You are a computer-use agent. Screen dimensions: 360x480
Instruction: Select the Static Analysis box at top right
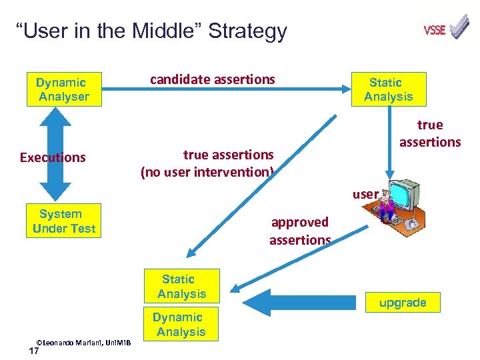coord(388,89)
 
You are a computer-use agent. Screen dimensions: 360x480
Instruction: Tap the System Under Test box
coord(64,221)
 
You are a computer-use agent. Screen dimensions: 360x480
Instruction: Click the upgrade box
coord(402,303)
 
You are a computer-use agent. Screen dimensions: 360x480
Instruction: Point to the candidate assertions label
coord(212,79)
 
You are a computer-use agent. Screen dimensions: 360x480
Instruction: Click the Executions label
coord(53,157)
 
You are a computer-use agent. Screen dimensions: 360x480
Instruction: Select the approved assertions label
coord(300,231)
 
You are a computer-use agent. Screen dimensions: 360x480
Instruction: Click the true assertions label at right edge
coord(430,133)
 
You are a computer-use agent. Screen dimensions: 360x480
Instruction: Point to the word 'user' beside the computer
coord(365,195)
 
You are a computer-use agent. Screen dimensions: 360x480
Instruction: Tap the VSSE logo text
coord(434,30)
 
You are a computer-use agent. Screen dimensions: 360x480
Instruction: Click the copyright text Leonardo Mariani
coord(83,342)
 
